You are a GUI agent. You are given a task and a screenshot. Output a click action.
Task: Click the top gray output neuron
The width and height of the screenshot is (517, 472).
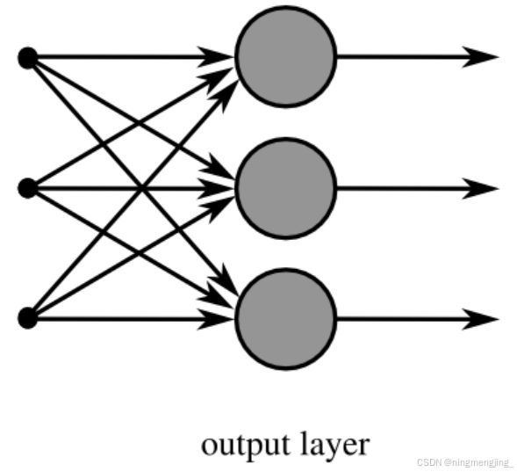[286, 57]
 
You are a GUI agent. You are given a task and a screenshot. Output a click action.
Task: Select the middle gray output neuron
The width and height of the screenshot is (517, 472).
[286, 188]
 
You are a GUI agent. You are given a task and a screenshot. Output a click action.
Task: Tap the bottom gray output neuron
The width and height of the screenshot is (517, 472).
[286, 319]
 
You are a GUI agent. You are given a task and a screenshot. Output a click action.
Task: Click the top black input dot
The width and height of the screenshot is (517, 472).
[28, 58]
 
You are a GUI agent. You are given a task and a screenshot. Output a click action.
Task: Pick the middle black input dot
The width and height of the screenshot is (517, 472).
[28, 188]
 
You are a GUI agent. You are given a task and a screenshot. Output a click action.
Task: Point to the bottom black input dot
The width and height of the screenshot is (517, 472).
[28, 318]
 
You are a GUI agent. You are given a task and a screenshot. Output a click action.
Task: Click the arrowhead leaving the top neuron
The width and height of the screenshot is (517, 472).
[480, 57]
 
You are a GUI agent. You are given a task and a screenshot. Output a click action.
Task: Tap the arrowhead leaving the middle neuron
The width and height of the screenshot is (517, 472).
[480, 188]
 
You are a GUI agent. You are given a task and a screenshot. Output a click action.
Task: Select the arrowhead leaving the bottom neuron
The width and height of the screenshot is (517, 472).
[480, 319]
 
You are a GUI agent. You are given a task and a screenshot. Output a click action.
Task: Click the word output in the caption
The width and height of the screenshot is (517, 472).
[246, 446]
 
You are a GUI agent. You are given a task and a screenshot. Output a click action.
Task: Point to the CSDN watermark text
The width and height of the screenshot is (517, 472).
[464, 462]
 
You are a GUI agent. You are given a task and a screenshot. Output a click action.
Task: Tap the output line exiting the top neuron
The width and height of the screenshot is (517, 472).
[418, 57]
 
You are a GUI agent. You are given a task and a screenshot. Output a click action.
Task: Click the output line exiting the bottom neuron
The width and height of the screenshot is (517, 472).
[418, 319]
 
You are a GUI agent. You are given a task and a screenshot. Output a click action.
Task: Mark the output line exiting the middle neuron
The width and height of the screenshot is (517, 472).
[418, 188]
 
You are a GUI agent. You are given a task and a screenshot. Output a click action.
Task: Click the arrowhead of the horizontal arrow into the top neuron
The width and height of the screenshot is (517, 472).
[216, 57]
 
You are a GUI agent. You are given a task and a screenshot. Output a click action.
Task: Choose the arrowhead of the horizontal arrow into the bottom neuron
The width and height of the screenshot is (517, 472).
[216, 319]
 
